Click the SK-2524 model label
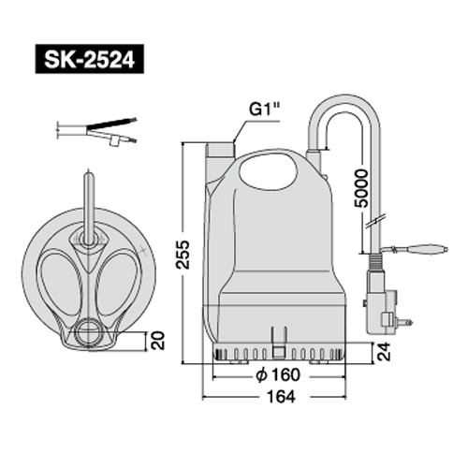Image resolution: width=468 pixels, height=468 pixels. pyautogui.click(x=90, y=59)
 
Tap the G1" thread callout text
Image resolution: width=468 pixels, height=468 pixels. pyautogui.click(x=265, y=110)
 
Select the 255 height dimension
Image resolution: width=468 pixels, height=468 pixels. pyautogui.click(x=183, y=255)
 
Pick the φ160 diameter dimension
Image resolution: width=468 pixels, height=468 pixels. pyautogui.click(x=278, y=374)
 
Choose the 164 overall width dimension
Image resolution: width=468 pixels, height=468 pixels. pyautogui.click(x=281, y=397)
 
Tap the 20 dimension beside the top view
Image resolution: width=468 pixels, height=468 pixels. pyautogui.click(x=157, y=341)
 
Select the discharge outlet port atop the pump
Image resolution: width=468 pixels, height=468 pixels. pyautogui.click(x=221, y=150)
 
